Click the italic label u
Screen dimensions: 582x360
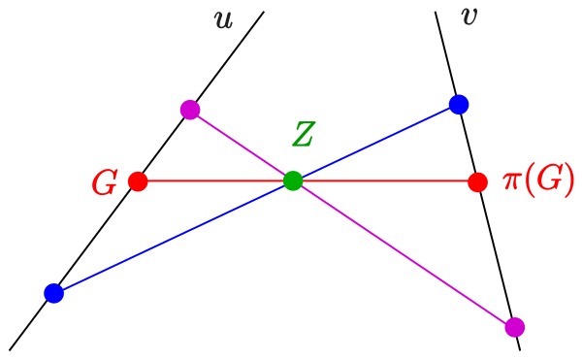[x=224, y=20]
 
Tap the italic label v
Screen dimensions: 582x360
[x=469, y=16]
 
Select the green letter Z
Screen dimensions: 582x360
[x=304, y=134]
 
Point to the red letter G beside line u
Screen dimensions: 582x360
[x=105, y=182]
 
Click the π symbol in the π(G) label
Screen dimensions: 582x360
[x=512, y=181]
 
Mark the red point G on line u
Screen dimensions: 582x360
[x=138, y=181]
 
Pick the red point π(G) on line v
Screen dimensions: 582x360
[x=477, y=181]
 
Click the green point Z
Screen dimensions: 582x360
[x=293, y=181]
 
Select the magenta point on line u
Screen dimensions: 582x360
[x=190, y=110]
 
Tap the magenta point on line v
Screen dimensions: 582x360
[x=515, y=327]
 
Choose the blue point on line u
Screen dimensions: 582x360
[x=53, y=293]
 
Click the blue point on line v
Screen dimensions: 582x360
[x=459, y=104]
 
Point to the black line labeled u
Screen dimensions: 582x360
[x=137, y=180]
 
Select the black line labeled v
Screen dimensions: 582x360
[x=477, y=180]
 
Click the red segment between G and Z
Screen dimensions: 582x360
[x=215, y=181]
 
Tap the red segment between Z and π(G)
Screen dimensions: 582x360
[x=385, y=181]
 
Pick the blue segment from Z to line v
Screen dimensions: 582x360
[x=376, y=143]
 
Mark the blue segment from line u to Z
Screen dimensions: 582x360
[x=174, y=237]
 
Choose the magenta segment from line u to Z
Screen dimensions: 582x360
[x=242, y=146]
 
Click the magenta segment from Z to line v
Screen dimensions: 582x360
[x=404, y=254]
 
